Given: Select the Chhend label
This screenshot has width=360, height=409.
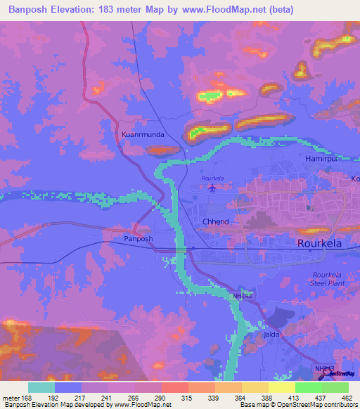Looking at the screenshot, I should [x=216, y=221].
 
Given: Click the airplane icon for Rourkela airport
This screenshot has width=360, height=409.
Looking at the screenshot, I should [x=212, y=188].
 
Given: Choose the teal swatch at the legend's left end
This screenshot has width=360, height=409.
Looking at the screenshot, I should [x=41, y=387].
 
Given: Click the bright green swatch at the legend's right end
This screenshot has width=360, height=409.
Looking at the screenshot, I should [x=335, y=387].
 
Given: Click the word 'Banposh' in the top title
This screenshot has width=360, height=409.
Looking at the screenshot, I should [x=31, y=10].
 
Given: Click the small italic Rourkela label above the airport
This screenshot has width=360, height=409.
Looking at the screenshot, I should [x=212, y=178].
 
